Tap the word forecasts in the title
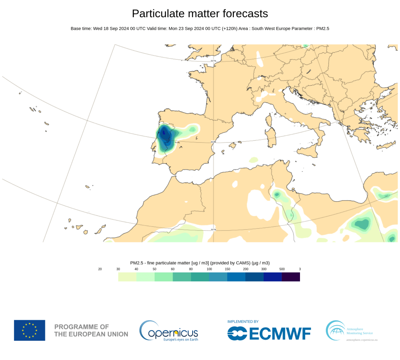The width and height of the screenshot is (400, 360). (245, 14)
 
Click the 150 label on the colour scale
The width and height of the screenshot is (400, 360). (227, 269)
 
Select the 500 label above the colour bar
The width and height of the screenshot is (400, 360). (282, 269)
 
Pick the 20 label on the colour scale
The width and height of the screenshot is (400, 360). (100, 269)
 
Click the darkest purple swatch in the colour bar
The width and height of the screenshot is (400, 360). (291, 277)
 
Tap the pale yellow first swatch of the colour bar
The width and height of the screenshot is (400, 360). (127, 277)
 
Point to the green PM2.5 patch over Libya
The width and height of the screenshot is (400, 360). (362, 224)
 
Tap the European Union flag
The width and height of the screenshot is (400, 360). (30, 330)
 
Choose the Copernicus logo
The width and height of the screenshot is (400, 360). (169, 331)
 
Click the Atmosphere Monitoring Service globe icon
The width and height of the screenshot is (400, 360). (335, 331)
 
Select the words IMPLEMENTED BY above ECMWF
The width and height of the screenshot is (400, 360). (243, 321)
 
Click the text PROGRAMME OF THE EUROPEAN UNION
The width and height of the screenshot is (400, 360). (91, 330)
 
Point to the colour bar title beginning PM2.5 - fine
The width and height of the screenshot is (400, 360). (200, 263)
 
